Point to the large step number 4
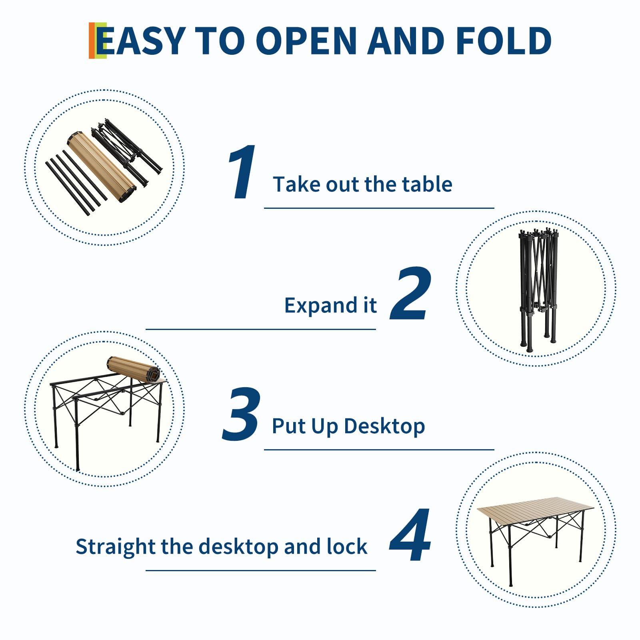410,535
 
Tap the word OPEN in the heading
306,40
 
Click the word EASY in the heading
141,40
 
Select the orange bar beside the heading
92,40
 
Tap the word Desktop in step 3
384,426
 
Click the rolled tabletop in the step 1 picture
101,167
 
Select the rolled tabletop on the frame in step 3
133,369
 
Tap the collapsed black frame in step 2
538,290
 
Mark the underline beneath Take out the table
379,208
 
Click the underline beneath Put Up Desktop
379,450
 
